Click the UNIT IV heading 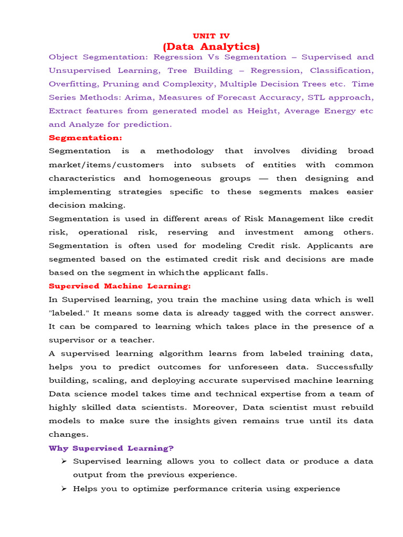pos(211,36)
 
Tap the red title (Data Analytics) pos(211,47)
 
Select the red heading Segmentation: pos(85,137)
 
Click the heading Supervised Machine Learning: pos(120,286)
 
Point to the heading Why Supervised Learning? pos(111,448)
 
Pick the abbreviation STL pos(307,98)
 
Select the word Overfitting pos(73,84)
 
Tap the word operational pos(103,232)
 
